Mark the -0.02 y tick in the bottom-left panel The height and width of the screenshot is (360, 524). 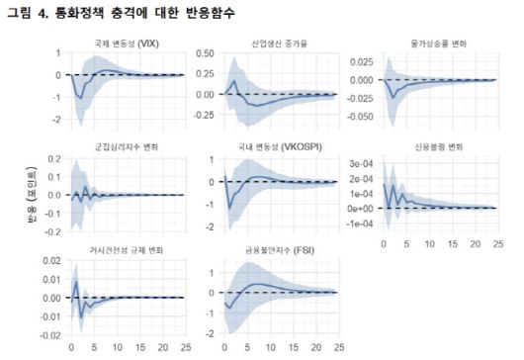(51, 335)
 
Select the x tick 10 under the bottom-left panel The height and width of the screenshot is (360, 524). (117, 347)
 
